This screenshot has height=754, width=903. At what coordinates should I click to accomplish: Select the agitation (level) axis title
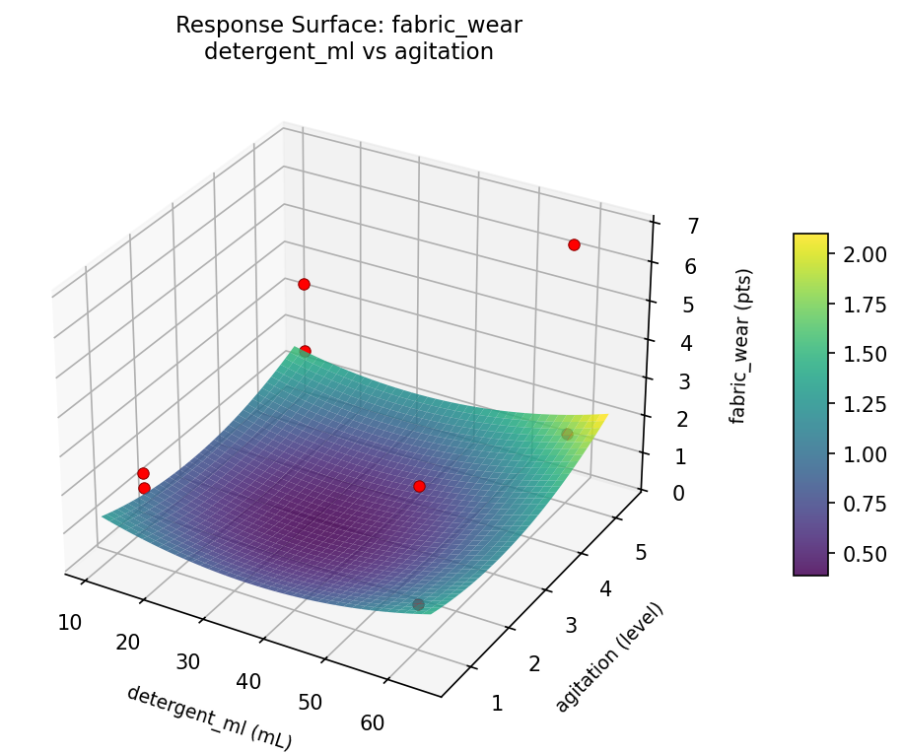pyautogui.click(x=609, y=655)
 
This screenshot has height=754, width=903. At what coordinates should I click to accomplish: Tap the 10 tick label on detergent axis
pyautogui.click(x=70, y=622)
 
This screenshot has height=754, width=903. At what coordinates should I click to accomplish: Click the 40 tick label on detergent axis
pyautogui.click(x=248, y=681)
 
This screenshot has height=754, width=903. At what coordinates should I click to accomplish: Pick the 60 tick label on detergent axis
pyautogui.click(x=372, y=722)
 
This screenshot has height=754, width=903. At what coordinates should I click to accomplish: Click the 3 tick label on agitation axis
pyautogui.click(x=571, y=626)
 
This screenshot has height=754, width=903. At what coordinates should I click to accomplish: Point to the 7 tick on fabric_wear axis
pyautogui.click(x=666, y=226)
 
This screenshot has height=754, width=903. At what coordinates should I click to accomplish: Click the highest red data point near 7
pyautogui.click(x=574, y=244)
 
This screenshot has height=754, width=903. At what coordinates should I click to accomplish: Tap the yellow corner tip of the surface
pyautogui.click(x=603, y=415)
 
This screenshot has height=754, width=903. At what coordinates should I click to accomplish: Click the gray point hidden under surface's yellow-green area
pyautogui.click(x=567, y=434)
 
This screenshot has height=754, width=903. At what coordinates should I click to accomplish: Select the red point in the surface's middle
pyautogui.click(x=419, y=486)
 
